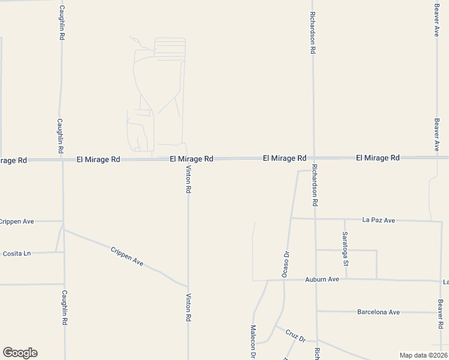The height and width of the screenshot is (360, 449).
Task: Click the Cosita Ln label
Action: coord(16,253)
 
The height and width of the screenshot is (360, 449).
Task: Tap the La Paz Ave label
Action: coord(379,220)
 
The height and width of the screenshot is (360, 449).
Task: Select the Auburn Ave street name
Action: coord(322,280)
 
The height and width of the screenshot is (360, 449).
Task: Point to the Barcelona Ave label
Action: coord(378,312)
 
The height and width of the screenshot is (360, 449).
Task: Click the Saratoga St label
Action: coord(346,250)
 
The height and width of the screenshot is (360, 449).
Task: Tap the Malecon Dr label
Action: coord(253,343)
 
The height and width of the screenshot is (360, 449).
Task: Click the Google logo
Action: coord(20,353)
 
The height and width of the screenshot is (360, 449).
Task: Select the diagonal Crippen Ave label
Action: coord(127,257)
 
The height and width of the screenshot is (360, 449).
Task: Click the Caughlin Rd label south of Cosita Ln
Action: coord(64,308)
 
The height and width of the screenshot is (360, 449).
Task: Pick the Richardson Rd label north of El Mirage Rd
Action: coord(313,32)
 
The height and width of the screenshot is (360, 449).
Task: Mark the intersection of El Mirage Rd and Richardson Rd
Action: coord(313,158)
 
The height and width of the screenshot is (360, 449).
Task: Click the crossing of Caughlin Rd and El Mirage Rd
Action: coord(62,160)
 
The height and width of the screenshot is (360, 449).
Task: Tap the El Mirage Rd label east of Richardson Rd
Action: coord(378,158)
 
